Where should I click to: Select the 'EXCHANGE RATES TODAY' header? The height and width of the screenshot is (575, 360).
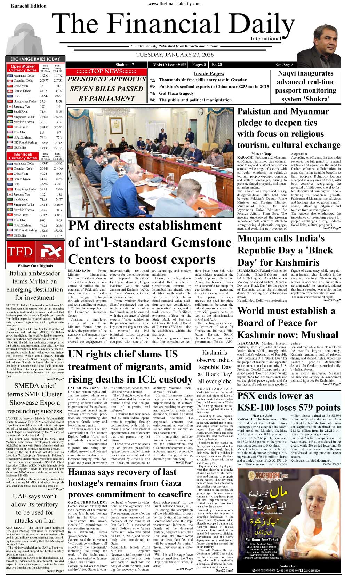(35, 59)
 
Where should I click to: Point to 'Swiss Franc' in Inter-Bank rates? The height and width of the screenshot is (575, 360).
(21, 215)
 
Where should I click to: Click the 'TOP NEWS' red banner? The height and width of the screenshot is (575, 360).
(106, 71)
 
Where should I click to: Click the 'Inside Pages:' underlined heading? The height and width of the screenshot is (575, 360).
(209, 73)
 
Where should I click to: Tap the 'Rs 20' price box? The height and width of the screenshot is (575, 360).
(217, 64)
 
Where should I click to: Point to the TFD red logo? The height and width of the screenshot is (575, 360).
(20, 251)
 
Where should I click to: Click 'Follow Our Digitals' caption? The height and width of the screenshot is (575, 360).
(35, 266)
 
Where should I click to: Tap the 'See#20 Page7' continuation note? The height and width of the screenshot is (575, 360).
(184, 462)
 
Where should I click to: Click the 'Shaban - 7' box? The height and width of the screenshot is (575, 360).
(125, 65)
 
